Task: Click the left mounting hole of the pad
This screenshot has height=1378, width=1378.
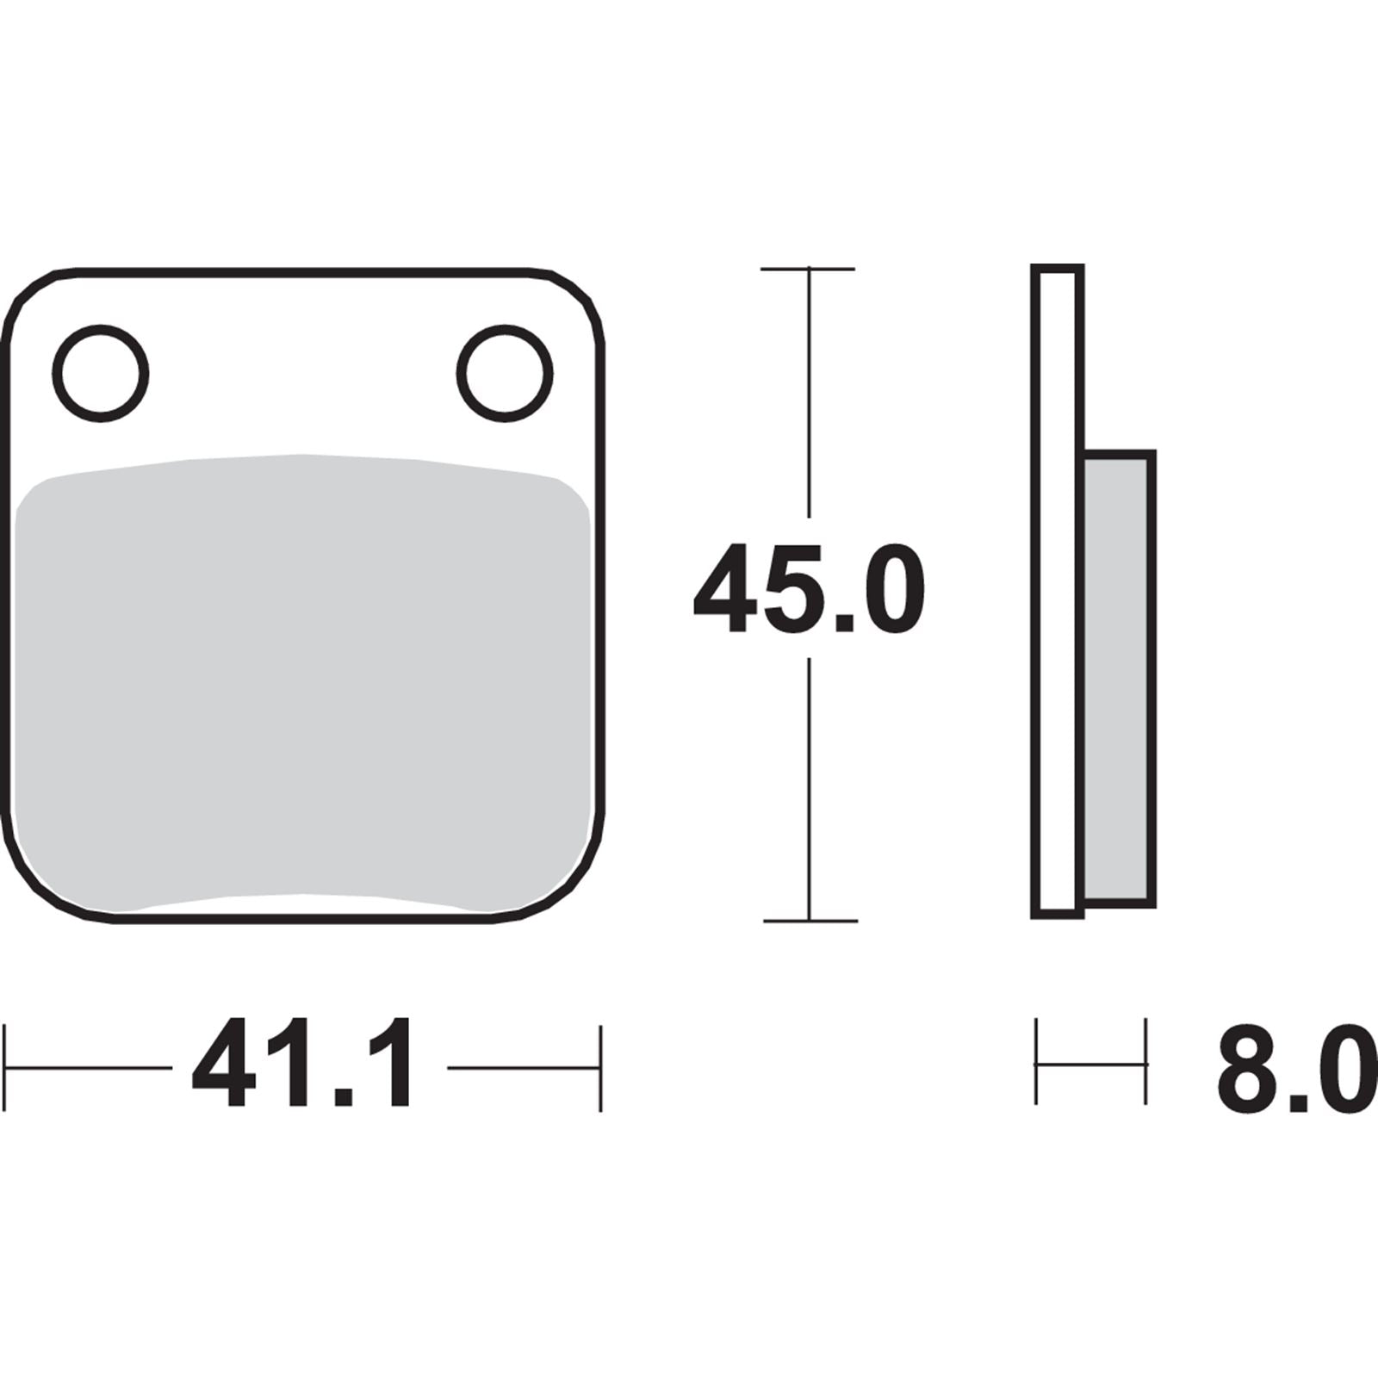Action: click(100, 373)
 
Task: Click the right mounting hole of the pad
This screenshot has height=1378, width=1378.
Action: click(505, 373)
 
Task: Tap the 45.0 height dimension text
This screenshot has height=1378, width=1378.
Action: click(809, 589)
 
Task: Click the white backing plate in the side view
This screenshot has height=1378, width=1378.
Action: click(1057, 591)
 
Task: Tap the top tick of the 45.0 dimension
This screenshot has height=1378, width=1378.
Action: click(808, 269)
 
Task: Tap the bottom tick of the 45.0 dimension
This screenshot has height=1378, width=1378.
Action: click(810, 921)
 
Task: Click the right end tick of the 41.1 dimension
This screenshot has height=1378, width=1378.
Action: click(600, 1068)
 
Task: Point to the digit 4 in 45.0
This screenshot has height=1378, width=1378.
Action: click(725, 589)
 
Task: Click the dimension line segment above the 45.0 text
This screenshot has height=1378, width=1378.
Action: click(808, 396)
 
